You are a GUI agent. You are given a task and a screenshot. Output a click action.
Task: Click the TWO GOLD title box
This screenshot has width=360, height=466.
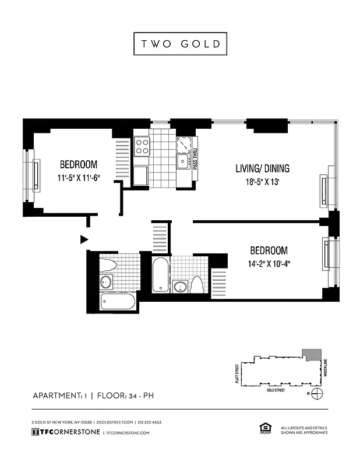point(180,44)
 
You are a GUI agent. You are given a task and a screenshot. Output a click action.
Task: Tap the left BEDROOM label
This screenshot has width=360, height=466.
point(79,165)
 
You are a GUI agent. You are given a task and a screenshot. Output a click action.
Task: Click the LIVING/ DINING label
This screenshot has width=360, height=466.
point(262,169)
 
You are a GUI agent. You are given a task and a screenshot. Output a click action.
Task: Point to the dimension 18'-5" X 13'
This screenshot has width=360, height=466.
point(262,182)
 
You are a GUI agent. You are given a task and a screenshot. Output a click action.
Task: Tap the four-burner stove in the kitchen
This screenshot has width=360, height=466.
point(142,146)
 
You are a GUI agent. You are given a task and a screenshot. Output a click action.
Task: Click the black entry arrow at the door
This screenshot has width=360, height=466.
point(84,239)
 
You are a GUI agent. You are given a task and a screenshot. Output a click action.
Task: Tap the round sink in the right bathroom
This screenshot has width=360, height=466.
point(180,287)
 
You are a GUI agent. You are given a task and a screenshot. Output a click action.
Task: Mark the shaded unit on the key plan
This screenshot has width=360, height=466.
point(313,355)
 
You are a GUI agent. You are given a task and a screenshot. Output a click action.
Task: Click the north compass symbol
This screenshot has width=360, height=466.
point(317,393)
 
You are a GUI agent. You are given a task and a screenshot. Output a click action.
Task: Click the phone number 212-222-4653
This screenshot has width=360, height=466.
point(150,422)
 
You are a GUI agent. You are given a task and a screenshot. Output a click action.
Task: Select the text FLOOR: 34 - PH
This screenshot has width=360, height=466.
point(126,397)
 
